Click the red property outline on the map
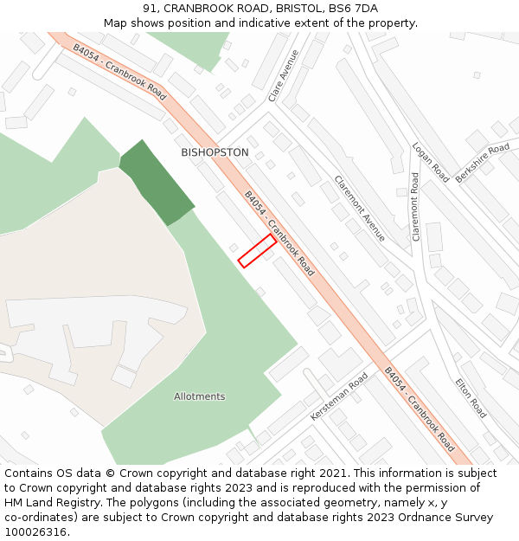point(257,251)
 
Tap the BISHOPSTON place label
point(215,152)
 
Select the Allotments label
point(199,396)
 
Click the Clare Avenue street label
point(284,75)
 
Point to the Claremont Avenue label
point(360,209)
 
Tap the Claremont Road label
point(416,206)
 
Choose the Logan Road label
point(430,162)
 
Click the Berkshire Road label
point(483,163)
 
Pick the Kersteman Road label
point(339,397)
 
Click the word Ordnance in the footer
point(407,518)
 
